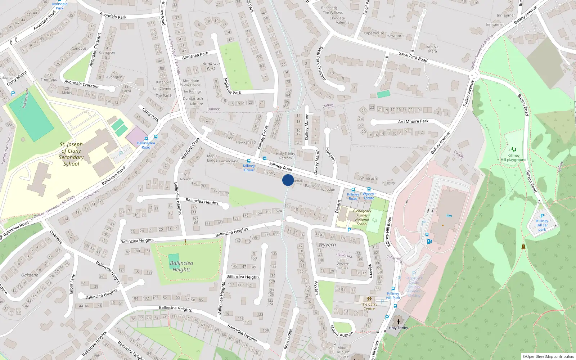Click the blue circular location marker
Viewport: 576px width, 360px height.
pyautogui.click(x=288, y=180)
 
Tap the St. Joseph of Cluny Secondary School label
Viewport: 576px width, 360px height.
pyautogui.click(x=71, y=154)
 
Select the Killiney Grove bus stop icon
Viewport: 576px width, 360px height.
pyautogui.click(x=249, y=161)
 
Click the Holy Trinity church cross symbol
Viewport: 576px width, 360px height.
pyautogui.click(x=398, y=321)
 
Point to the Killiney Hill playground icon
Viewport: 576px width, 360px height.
pyautogui.click(x=513, y=149)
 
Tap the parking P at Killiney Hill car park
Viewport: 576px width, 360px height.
pyautogui.click(x=542, y=216)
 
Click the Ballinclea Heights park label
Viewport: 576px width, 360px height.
pyautogui.click(x=181, y=266)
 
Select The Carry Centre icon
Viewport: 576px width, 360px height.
pyautogui.click(x=369, y=299)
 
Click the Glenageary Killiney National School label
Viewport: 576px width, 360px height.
pyautogui.click(x=362, y=217)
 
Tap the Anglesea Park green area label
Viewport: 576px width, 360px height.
pyautogui.click(x=211, y=66)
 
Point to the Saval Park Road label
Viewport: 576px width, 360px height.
pyautogui.click(x=413, y=57)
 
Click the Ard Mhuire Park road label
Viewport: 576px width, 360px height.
pyautogui.click(x=413, y=121)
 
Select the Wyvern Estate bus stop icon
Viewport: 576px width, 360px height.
pyautogui.click(x=369, y=189)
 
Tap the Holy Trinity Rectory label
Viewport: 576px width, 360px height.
pyautogui.click(x=285, y=156)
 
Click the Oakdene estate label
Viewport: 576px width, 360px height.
pyautogui.click(x=30, y=275)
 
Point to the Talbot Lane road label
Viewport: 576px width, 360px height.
pyautogui.click(x=72, y=284)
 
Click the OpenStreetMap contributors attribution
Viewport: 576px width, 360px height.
pyautogui.click(x=548, y=356)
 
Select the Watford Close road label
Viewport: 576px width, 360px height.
pyautogui.click(x=190, y=148)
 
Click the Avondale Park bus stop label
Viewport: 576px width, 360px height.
pyautogui.click(x=59, y=6)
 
